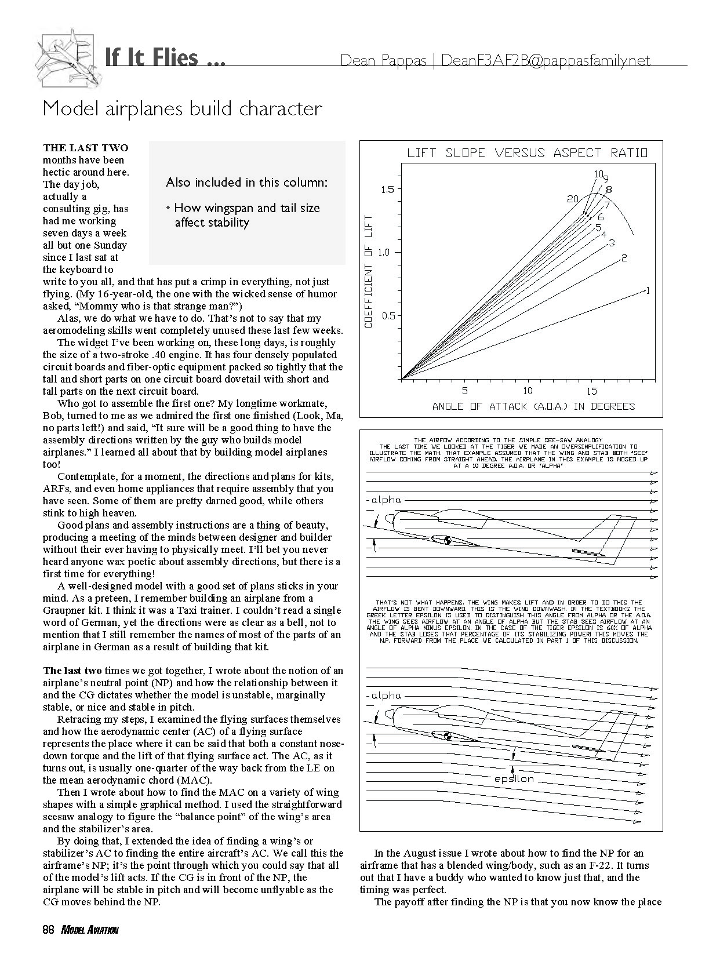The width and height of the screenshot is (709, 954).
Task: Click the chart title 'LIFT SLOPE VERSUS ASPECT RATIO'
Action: pos(527,153)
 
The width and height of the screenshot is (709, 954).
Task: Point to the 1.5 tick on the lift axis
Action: pos(387,190)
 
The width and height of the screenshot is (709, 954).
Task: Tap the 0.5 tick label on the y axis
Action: pos(387,316)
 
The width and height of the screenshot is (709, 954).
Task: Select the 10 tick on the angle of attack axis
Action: pos(528,391)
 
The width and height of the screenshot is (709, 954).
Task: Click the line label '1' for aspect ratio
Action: pos(648,291)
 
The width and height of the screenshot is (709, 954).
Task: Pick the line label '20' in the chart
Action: pos(573,199)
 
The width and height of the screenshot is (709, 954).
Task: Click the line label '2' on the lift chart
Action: pos(624,258)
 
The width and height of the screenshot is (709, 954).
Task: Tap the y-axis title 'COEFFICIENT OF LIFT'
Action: pos(369,271)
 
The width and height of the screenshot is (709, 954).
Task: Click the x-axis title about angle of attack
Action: pos(533,406)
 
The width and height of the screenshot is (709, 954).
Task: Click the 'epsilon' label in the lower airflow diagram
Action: pos(514,779)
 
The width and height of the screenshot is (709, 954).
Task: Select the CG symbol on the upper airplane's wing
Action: pos(448,541)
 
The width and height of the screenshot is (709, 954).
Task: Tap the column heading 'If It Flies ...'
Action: pos(165,58)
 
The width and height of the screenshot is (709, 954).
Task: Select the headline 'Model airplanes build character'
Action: pos(183,108)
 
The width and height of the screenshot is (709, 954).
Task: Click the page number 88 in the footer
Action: pos(48,930)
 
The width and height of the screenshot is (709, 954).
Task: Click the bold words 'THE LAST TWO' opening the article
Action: pos(86,148)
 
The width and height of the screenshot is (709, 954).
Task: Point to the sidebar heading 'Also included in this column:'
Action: pos(246,183)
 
